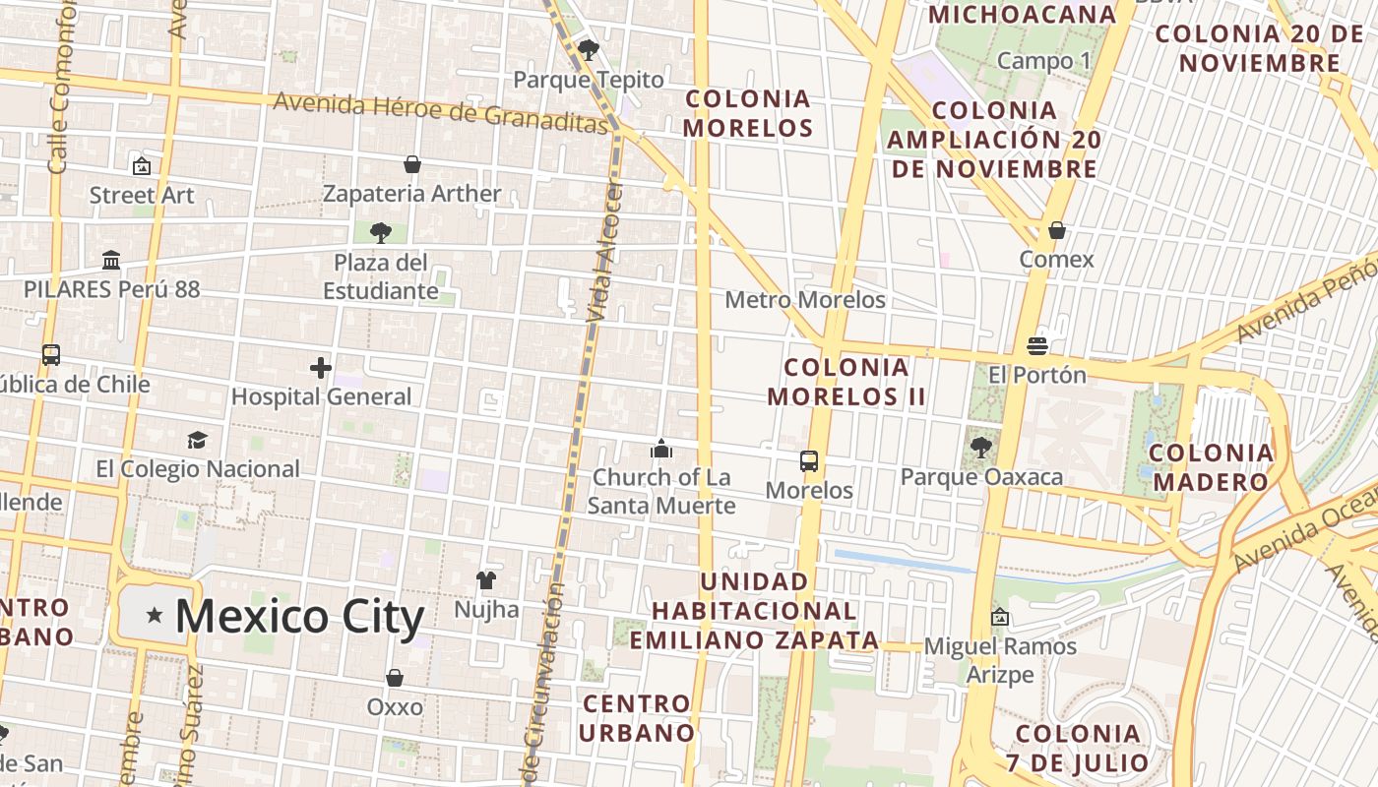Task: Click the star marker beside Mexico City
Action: click(155, 615)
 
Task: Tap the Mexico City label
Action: click(299, 617)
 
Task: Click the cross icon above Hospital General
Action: click(321, 368)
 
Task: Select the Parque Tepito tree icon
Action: click(589, 49)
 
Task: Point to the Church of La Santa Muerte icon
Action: click(661, 450)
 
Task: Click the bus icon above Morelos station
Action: click(809, 461)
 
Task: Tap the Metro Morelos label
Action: click(805, 299)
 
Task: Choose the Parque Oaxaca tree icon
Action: click(981, 448)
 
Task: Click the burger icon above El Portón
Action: click(1036, 346)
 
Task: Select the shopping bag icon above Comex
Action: click(1057, 230)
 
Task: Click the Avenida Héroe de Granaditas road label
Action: click(441, 111)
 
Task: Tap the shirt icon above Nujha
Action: click(486, 580)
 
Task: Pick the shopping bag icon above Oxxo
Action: click(395, 678)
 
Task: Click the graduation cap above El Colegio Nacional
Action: click(198, 440)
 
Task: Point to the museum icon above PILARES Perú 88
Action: click(111, 261)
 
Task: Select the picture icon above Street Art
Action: click(142, 166)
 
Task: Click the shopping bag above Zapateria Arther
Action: click(412, 164)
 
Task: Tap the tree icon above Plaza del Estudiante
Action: click(381, 233)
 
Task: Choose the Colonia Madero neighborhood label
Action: click(1213, 467)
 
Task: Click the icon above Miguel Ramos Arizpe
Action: click(1000, 617)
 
